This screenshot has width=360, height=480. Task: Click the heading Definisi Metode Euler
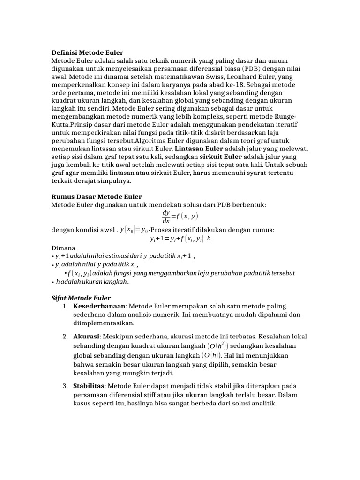(87, 52)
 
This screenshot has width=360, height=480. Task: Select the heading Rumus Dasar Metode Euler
(96, 196)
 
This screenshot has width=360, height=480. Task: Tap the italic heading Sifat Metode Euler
(81, 298)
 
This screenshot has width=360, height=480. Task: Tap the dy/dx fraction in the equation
(166, 217)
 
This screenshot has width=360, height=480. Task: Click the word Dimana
(63, 247)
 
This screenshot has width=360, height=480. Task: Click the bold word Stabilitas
(89, 385)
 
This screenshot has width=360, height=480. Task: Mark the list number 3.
(65, 385)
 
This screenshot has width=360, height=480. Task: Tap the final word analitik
(263, 403)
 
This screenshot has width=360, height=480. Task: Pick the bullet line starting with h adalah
(91, 282)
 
